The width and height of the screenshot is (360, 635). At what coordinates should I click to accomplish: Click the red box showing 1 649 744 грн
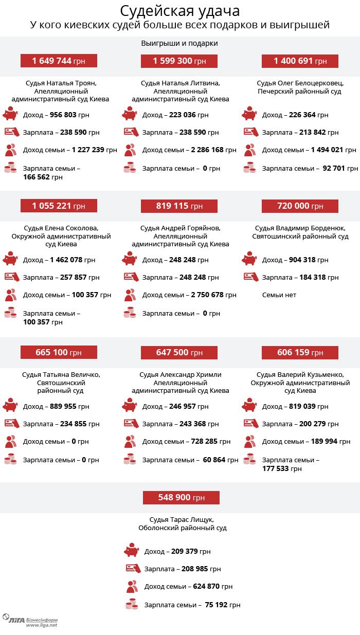coord(59,61)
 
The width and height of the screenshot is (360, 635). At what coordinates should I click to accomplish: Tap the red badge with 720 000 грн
coord(300,206)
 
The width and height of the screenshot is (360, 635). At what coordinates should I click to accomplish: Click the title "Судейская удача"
coord(179,11)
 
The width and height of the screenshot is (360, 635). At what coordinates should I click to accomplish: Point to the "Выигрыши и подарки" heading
coord(179,43)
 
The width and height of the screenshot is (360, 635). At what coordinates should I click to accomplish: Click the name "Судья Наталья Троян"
coord(61,83)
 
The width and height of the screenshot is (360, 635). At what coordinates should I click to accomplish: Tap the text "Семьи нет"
coord(279,295)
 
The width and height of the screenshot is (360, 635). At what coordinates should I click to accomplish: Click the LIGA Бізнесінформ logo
coord(30,621)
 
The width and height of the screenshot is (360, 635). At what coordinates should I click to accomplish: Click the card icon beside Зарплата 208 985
coord(134,569)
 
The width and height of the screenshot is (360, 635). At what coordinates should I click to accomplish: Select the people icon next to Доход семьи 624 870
coord(132,586)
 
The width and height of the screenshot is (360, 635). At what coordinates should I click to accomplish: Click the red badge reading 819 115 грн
coord(179,206)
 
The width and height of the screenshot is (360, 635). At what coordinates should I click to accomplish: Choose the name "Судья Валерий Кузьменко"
coord(300,374)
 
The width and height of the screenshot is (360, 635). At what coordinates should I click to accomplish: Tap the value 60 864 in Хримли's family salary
coord(214,460)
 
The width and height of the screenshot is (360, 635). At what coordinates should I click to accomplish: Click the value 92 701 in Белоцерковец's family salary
coord(334,168)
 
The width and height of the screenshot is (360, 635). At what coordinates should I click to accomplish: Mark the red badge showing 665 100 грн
coord(59,352)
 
